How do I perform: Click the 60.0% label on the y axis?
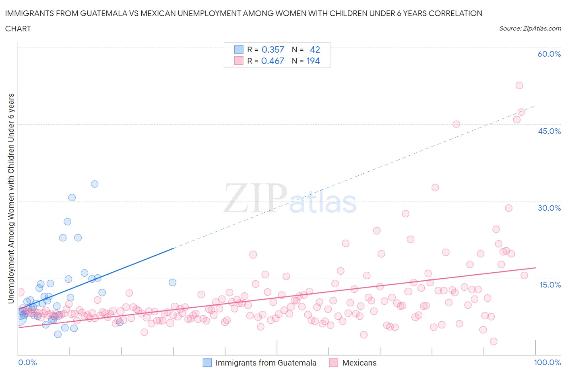click(x=549, y=54)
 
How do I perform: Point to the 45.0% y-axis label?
click(x=549, y=131)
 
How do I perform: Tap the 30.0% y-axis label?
click(x=549, y=208)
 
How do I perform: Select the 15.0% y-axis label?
click(x=549, y=285)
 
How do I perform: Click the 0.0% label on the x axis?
click(x=27, y=362)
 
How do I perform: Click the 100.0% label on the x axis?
click(x=547, y=362)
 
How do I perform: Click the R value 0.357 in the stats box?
click(x=273, y=49)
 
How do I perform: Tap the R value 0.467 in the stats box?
click(x=273, y=61)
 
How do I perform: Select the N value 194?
click(x=313, y=61)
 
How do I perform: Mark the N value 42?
click(x=315, y=49)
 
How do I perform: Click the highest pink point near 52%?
click(x=519, y=85)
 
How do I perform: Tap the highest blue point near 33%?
click(x=95, y=184)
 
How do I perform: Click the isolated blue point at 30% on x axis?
click(x=173, y=282)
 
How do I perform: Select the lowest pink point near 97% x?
click(x=494, y=341)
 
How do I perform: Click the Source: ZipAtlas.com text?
click(x=530, y=28)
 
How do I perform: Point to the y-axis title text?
click(x=11, y=198)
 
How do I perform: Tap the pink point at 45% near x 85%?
click(x=456, y=124)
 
